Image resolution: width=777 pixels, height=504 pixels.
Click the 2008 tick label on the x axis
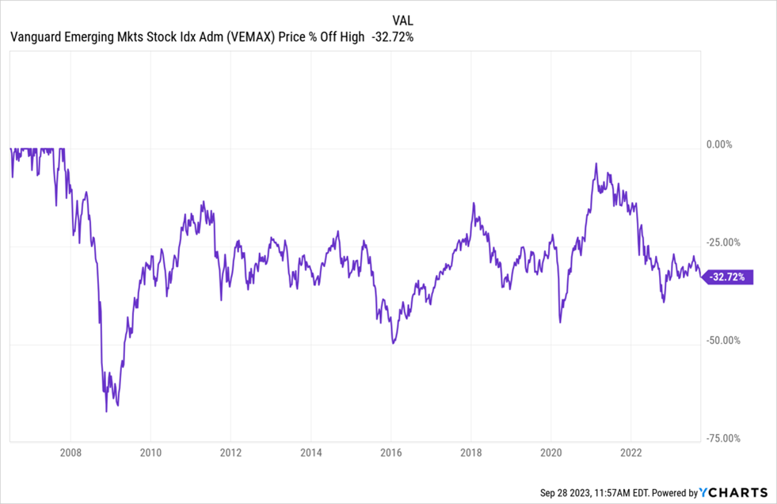coord(70,453)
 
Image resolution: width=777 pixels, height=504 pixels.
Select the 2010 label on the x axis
coord(150,453)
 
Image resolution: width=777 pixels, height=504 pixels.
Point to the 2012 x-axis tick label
coord(230,453)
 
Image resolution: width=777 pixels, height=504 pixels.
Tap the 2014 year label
coord(311,453)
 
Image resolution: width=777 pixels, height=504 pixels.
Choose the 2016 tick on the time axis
coord(391,453)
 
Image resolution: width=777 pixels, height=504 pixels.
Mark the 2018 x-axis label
coord(471,453)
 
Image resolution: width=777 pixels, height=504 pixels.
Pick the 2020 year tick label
coord(551,453)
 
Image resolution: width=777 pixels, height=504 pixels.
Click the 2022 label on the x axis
coord(631,453)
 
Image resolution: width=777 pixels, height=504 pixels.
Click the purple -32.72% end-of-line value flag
coord(729,277)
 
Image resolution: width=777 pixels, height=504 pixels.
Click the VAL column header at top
coord(402,19)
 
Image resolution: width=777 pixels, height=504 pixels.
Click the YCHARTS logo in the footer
coord(734,492)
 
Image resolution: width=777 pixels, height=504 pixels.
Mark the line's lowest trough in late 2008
coord(106,411)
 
